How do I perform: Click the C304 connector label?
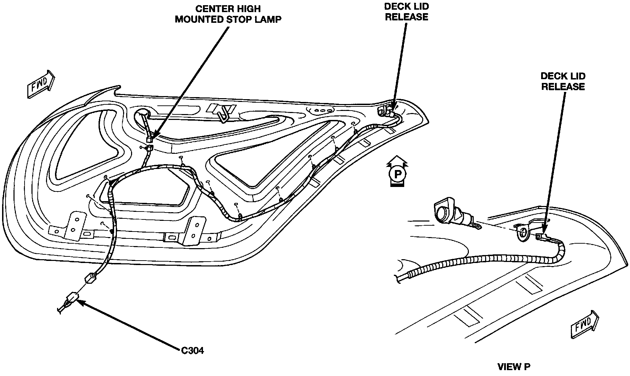coord(193,350)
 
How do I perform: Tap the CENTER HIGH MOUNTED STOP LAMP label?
coord(228,14)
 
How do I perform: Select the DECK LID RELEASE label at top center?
coord(406,12)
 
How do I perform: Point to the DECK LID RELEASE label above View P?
coord(563,81)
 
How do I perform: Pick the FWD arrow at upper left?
coord(41,85)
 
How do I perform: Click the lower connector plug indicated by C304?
coord(72,298)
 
